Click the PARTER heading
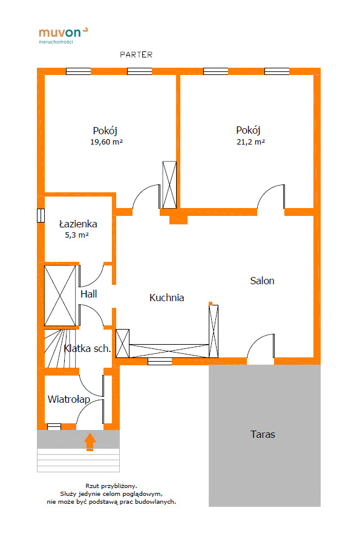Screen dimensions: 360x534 136,54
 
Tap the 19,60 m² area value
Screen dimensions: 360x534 106,142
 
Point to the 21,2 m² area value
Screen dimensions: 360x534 250,142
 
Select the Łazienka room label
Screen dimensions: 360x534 78,224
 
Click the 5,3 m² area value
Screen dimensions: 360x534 77,235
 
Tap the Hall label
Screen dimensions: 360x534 88,294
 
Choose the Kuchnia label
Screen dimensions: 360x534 166,298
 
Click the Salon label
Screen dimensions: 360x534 262,281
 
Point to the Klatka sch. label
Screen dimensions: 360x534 87,348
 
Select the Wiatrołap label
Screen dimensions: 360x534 69,399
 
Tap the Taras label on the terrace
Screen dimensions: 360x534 263,434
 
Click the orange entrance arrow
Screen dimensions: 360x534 90,441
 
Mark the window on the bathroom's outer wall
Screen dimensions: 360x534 41,215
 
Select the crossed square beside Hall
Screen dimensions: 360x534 60,296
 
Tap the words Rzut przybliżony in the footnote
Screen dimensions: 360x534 111,486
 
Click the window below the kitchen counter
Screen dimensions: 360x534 160,361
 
